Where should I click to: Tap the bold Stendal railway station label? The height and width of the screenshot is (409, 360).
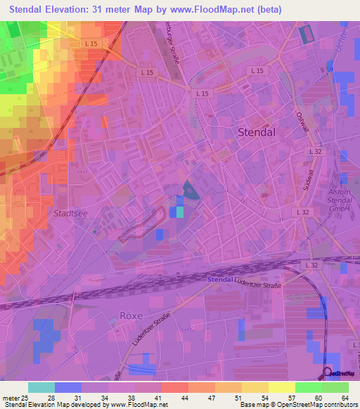221,280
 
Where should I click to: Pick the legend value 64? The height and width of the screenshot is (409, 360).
345,398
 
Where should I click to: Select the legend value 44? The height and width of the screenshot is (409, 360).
184,398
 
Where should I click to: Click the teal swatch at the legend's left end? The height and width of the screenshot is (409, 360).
41,387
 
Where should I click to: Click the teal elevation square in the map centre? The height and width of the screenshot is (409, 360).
180,211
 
